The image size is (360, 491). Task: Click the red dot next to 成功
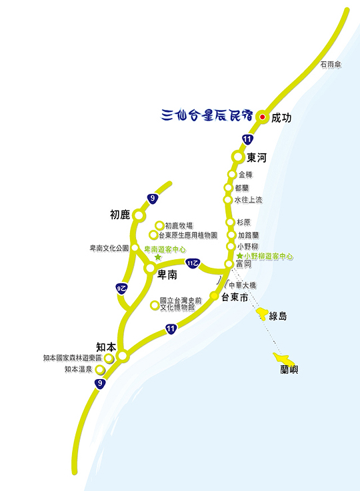(x=263, y=117)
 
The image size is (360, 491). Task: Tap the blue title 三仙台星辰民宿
(x=207, y=115)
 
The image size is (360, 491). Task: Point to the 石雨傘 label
(x=331, y=65)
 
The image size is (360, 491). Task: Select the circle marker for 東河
(x=238, y=157)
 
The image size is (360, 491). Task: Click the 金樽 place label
(x=245, y=175)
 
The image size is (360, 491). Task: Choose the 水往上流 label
(x=248, y=200)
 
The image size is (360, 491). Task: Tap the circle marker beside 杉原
(x=230, y=222)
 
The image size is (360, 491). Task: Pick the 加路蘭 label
(x=248, y=235)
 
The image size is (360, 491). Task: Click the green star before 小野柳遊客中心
(x=240, y=256)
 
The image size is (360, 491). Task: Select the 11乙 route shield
(x=193, y=263)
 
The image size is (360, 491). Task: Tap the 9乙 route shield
(x=121, y=288)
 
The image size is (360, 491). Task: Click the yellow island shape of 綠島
(x=262, y=313)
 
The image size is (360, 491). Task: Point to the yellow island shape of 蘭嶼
(x=284, y=358)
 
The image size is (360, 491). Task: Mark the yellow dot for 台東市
(x=214, y=296)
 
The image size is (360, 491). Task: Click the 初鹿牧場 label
(x=179, y=226)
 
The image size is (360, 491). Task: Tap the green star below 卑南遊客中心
(x=158, y=257)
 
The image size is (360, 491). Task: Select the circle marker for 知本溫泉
(x=99, y=370)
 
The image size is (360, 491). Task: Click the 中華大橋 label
(x=243, y=285)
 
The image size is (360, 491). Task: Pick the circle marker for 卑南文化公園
(x=135, y=248)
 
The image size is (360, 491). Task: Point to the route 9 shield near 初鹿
(x=153, y=199)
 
